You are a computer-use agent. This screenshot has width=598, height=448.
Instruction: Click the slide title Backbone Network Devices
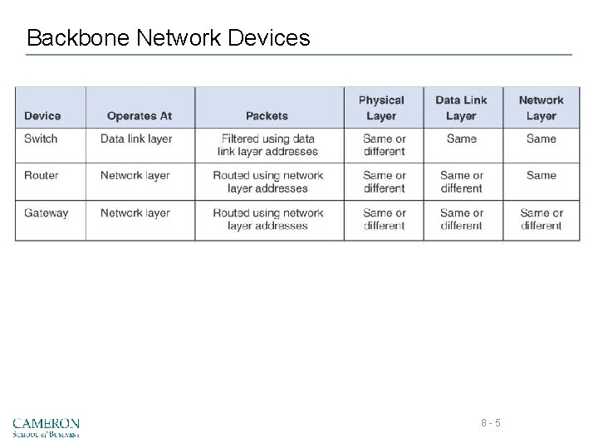click(168, 38)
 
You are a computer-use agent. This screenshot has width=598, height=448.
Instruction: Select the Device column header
click(42, 116)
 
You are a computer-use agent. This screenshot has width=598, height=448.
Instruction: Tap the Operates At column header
click(140, 116)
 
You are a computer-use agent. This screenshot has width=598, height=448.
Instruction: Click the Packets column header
click(267, 116)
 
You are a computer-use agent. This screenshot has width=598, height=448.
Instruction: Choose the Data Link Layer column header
click(461, 108)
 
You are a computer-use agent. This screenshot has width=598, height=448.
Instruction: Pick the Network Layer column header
click(541, 108)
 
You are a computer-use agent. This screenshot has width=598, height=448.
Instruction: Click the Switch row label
click(41, 139)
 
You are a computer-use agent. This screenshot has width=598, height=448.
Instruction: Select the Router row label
click(42, 175)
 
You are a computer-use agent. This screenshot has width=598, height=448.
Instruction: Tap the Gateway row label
click(47, 213)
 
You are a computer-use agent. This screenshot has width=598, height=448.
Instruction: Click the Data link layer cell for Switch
click(136, 139)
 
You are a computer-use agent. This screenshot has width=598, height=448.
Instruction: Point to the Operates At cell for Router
click(135, 175)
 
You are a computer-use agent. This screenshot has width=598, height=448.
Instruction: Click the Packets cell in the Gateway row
click(267, 219)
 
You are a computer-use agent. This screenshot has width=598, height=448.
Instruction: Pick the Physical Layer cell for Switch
click(384, 145)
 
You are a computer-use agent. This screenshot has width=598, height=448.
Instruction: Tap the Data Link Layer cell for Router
click(461, 182)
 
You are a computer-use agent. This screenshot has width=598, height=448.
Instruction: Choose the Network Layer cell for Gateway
click(542, 219)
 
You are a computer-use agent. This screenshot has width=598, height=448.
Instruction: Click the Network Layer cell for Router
click(541, 175)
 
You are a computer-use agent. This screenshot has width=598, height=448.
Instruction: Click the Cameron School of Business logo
click(47, 426)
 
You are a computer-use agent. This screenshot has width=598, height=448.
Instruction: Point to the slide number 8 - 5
click(490, 424)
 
